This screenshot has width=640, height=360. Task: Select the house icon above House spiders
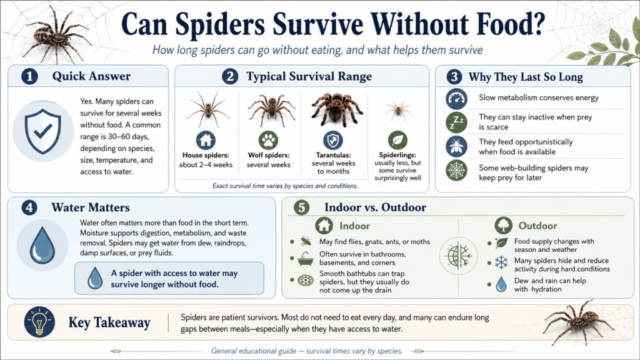[206, 140]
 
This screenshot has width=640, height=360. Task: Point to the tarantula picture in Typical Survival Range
[332, 107]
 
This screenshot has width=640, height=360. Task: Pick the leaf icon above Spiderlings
[397, 139]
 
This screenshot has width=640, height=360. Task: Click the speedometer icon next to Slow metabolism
[456, 98]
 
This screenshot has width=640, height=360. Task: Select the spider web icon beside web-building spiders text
[456, 171]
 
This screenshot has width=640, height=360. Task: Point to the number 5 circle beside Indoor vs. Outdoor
[302, 207]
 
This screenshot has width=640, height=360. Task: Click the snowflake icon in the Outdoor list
[501, 262]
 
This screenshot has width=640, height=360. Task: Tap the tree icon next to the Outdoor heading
[503, 226]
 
